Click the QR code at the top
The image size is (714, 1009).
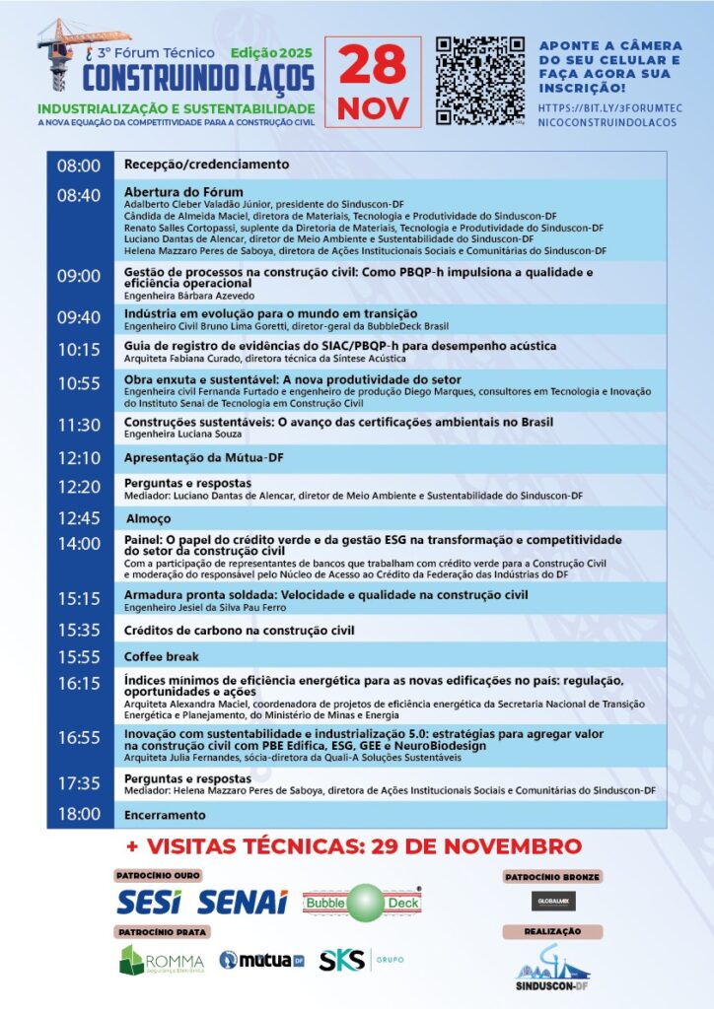(x=480, y=81)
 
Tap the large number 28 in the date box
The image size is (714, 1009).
(x=372, y=66)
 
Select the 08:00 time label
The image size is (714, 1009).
(x=79, y=165)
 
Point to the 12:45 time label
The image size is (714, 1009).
(x=79, y=518)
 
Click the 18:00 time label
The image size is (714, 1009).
(x=79, y=814)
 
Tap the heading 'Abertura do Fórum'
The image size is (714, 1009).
(x=183, y=192)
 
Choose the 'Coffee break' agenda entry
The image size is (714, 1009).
(x=161, y=656)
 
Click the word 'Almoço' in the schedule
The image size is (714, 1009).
(x=148, y=518)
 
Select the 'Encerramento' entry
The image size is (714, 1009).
(x=165, y=815)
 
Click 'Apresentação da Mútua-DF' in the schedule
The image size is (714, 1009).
(x=203, y=458)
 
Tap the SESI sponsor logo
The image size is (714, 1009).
(x=149, y=901)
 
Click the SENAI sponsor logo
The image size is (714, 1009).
(x=242, y=901)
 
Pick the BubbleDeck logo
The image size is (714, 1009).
(x=362, y=902)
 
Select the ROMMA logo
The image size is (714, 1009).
(x=161, y=960)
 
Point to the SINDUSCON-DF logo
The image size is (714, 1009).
(x=552, y=967)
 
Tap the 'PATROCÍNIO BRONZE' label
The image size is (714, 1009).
(x=552, y=876)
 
